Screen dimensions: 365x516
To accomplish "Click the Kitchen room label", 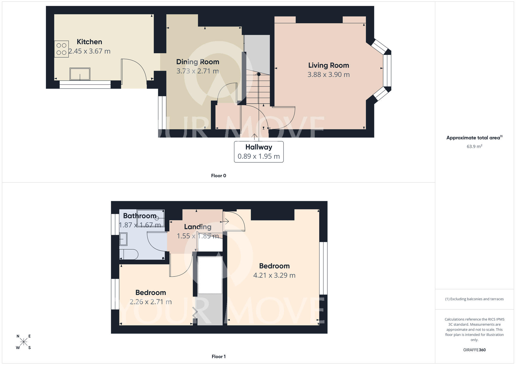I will point(89,42).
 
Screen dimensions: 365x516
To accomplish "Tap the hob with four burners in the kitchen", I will point(61,49).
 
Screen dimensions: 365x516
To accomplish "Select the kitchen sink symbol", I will point(80,74).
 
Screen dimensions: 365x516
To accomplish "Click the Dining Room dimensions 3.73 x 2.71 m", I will point(197,71).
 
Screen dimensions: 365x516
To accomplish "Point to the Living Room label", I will point(328,65).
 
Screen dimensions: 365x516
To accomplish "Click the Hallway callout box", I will point(259,152).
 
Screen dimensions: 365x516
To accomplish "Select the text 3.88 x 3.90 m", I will point(328,75).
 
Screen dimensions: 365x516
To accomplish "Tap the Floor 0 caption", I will point(218,176).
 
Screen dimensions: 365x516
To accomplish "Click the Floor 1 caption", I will point(218,356).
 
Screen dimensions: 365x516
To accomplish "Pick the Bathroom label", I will point(140,216).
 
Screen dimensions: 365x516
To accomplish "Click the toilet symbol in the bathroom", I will point(129,255).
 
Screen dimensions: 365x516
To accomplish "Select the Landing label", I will point(198,227).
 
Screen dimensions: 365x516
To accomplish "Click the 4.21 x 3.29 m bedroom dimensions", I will point(274,275).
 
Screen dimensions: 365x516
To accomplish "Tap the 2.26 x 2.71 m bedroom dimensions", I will point(150,302).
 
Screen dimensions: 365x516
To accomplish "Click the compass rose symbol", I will point(23,342).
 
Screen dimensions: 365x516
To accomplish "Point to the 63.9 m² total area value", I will point(474,146).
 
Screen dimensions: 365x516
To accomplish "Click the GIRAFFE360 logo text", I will point(474,350).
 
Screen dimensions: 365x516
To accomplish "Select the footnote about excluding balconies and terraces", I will point(474,299).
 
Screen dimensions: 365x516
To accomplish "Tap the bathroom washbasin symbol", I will point(123,239).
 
